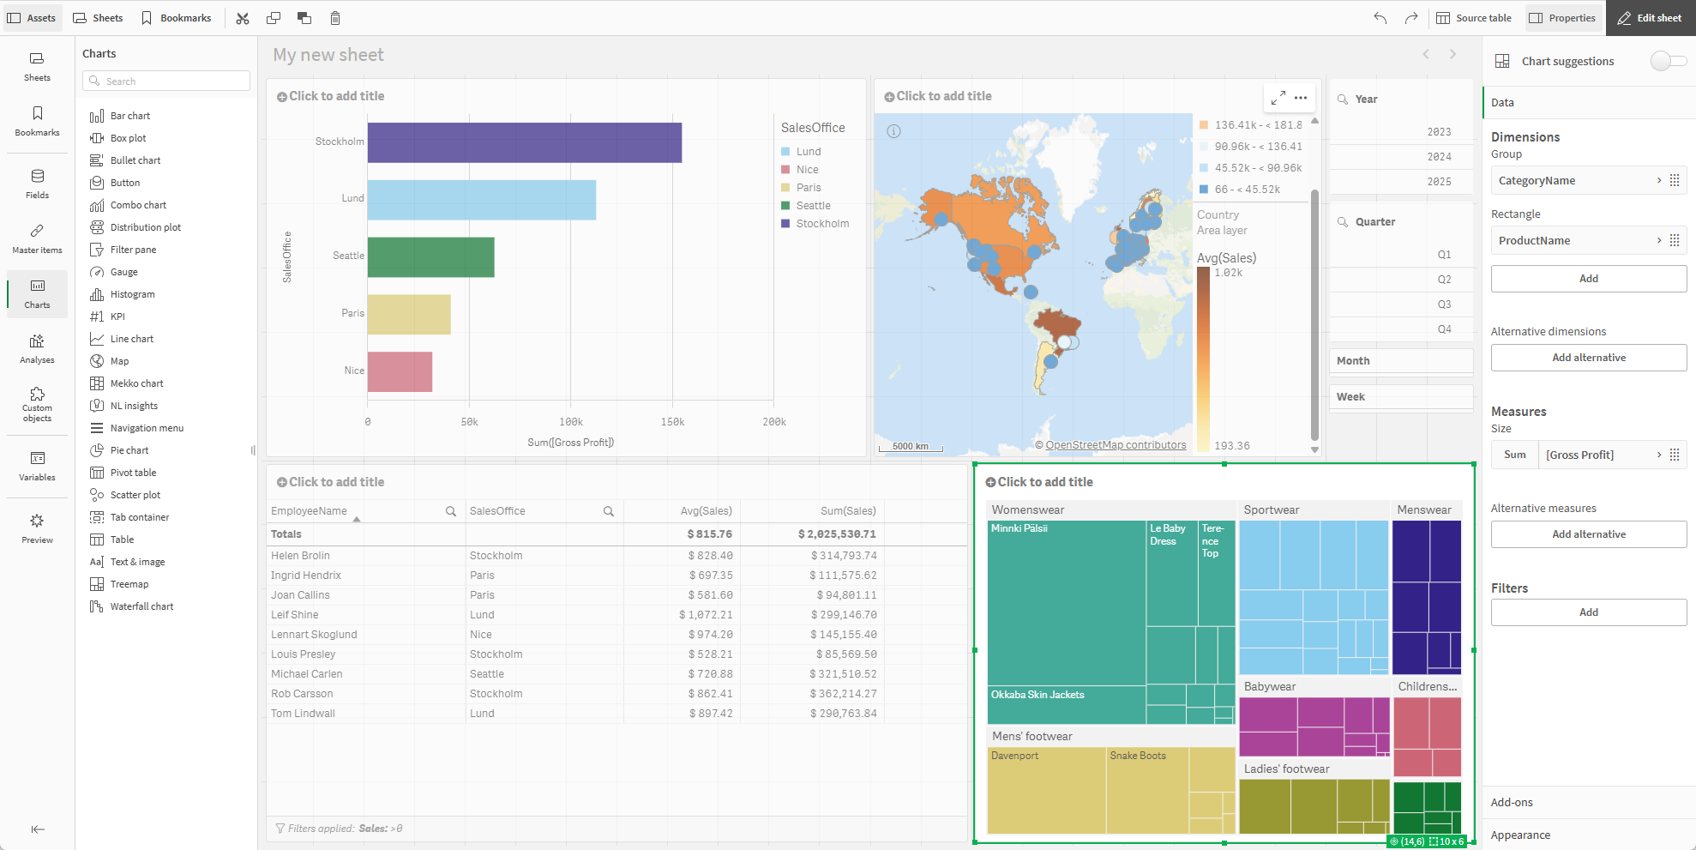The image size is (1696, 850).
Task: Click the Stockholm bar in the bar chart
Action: [x=524, y=142]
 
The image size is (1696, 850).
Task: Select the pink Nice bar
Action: [x=400, y=371]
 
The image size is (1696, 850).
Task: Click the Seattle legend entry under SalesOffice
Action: [x=812, y=206]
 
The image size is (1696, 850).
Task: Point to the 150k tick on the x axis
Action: [x=672, y=422]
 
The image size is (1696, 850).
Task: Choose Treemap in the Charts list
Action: [x=129, y=584]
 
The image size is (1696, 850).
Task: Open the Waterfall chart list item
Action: [x=141, y=606]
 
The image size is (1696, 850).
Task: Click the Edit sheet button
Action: [x=1650, y=18]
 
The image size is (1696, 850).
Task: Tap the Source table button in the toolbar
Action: [x=1474, y=18]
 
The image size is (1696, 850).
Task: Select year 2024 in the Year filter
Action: [x=1439, y=157]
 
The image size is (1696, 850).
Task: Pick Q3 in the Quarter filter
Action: [x=1444, y=304]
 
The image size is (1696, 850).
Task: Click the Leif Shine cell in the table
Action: [x=295, y=615]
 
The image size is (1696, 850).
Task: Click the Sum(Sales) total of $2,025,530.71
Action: [x=837, y=534]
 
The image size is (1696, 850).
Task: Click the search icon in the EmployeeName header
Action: [x=451, y=511]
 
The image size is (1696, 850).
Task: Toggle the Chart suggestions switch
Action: [x=1668, y=61]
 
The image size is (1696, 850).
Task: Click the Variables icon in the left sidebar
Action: [x=37, y=465]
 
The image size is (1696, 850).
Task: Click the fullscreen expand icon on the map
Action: [x=1278, y=98]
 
